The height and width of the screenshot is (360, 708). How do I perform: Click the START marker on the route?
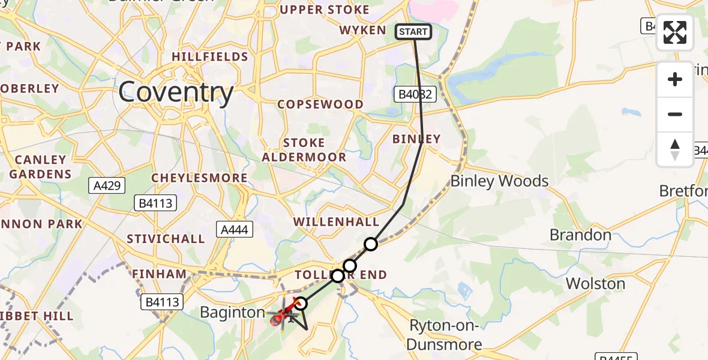coord(413,32)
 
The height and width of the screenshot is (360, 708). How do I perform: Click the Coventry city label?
coord(176,92)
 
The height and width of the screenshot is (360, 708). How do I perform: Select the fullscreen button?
coord(675,32)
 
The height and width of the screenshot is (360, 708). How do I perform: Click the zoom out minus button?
coord(675,115)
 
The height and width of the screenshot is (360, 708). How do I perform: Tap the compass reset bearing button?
coord(675,149)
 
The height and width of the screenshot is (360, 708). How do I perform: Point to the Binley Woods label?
coord(499,181)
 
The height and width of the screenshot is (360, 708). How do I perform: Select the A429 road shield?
coord(109,185)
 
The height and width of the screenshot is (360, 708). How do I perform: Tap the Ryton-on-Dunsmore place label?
coord(445,335)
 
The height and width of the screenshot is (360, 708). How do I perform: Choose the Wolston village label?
coord(595,283)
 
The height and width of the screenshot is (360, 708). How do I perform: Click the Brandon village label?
coord(580,235)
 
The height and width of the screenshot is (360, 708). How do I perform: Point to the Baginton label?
coord(232,313)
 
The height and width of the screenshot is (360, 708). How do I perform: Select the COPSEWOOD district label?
coord(320,104)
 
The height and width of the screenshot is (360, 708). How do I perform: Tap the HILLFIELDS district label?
coord(209,57)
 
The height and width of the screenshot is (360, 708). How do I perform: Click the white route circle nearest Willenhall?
coord(371,244)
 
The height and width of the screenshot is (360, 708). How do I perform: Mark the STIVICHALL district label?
coord(166,239)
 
